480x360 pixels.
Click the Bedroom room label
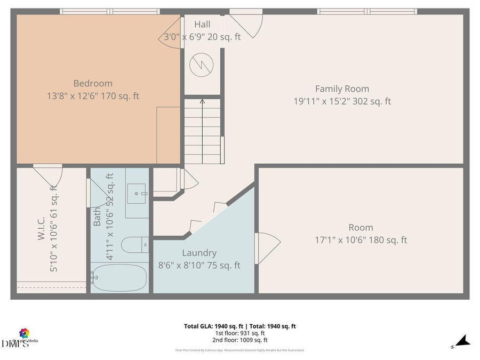93,83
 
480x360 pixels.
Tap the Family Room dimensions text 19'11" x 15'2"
342,101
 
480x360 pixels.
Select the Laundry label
199,253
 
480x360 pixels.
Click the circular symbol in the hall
202,65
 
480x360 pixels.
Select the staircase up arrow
202,101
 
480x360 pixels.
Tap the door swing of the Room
268,248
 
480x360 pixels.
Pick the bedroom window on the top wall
109,11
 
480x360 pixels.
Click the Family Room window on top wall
367,11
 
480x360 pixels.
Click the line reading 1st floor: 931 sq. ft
239,333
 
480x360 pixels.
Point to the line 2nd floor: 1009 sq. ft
239,340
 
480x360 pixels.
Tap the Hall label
202,24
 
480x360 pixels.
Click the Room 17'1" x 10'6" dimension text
361,240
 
